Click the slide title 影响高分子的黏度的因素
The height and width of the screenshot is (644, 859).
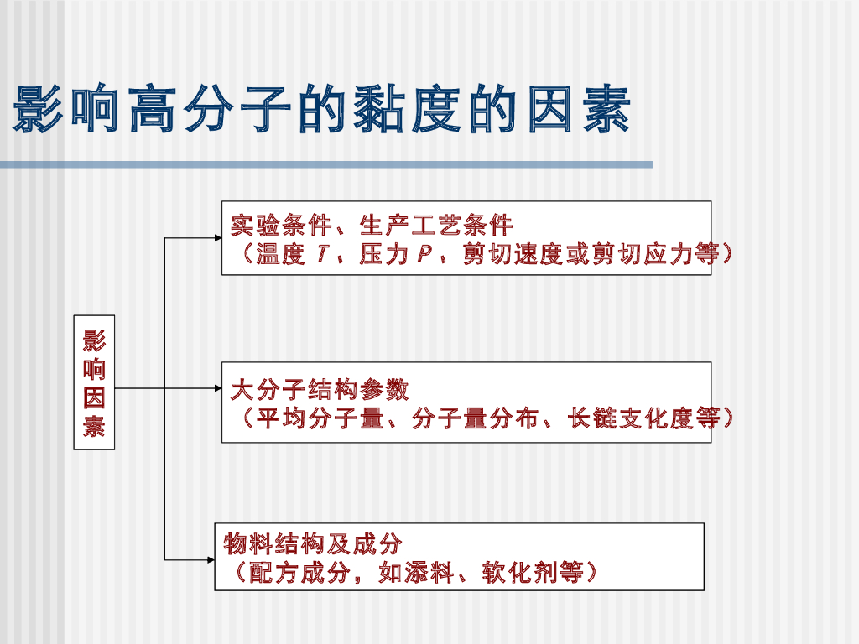pos(322,109)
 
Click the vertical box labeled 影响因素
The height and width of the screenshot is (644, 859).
pos(94,382)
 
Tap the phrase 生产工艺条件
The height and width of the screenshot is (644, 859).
pos(435,225)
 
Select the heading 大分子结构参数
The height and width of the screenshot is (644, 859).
pos(320,390)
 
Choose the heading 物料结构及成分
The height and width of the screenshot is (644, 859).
pos(312,544)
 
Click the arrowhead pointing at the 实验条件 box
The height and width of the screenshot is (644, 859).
pos(216,238)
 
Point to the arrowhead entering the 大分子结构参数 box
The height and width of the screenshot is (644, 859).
pos(216,389)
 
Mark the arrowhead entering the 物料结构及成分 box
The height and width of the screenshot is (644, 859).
pos(210,558)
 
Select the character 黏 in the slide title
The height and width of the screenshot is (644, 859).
pos(379,109)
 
